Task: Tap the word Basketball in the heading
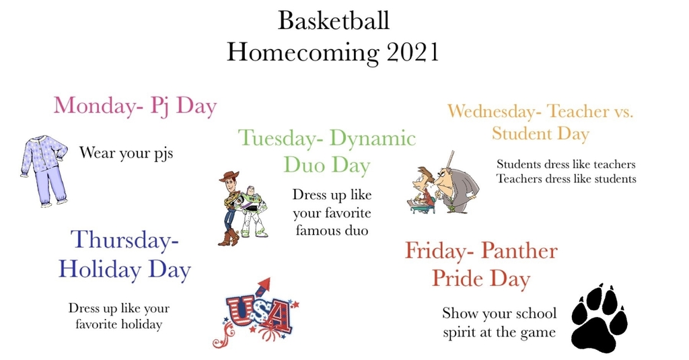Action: [334, 20]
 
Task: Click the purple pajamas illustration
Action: [44, 170]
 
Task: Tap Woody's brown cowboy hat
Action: [229, 176]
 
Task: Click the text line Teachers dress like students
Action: [567, 179]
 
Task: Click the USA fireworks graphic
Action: [255, 313]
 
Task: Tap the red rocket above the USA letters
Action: [264, 288]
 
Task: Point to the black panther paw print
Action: [600, 318]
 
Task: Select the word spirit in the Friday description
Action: [459, 332]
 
